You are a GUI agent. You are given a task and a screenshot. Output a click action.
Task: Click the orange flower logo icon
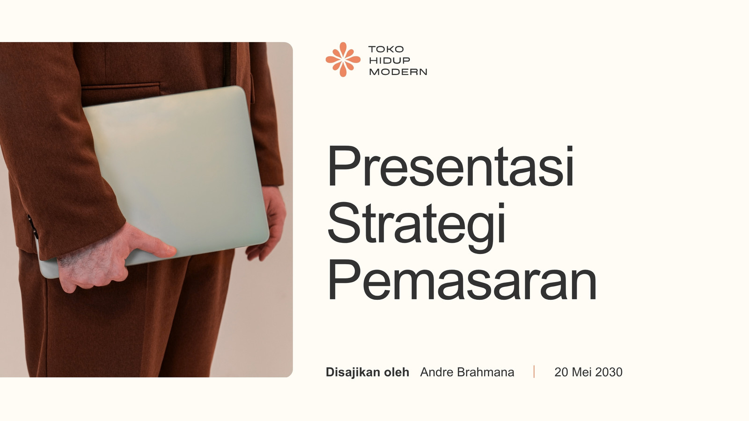343,59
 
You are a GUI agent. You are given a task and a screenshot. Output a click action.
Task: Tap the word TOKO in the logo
386,49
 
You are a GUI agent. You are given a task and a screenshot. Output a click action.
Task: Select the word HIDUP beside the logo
389,60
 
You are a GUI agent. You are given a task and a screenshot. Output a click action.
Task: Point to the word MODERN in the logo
398,72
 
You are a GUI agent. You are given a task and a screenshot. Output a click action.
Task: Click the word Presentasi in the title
451,166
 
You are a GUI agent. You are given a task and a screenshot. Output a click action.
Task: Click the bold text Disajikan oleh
367,372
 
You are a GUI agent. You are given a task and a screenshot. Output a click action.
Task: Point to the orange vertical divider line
534,372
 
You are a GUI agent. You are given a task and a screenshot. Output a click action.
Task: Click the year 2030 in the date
609,372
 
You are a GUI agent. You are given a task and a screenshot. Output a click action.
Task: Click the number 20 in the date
561,372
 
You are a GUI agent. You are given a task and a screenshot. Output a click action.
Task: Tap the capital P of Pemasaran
344,280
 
